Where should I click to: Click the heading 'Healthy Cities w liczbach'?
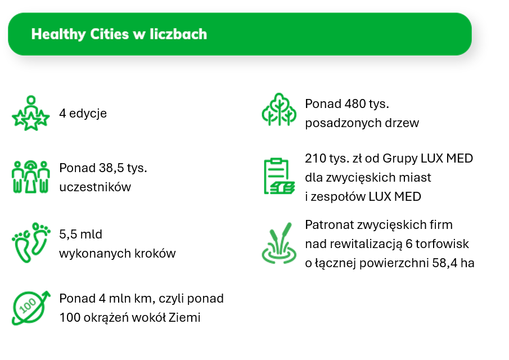(x=119, y=34)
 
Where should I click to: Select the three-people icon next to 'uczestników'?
(x=31, y=177)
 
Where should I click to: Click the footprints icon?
(x=31, y=242)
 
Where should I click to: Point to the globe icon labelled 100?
(x=31, y=308)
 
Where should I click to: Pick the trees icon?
(x=279, y=109)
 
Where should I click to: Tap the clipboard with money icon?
(x=279, y=176)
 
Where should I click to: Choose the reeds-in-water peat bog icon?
(x=279, y=243)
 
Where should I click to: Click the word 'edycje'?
(x=88, y=114)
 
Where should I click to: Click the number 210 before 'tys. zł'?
(x=315, y=159)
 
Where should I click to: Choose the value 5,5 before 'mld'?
(x=68, y=235)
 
